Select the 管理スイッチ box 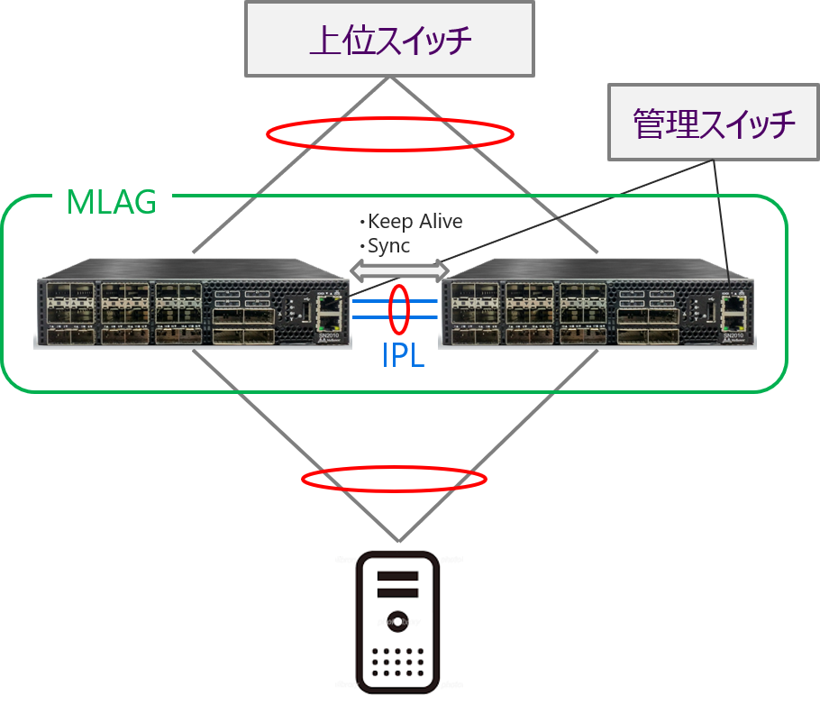pyautogui.click(x=715, y=123)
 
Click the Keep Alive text pyautogui.click(x=414, y=222)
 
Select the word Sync pyautogui.click(x=388, y=245)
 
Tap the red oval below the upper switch pyautogui.click(x=390, y=134)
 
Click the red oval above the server pyautogui.click(x=394, y=478)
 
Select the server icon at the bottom pyautogui.click(x=398, y=622)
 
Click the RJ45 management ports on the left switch pyautogui.click(x=332, y=311)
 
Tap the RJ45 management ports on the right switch pyautogui.click(x=735, y=311)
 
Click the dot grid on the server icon pyautogui.click(x=397, y=662)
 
